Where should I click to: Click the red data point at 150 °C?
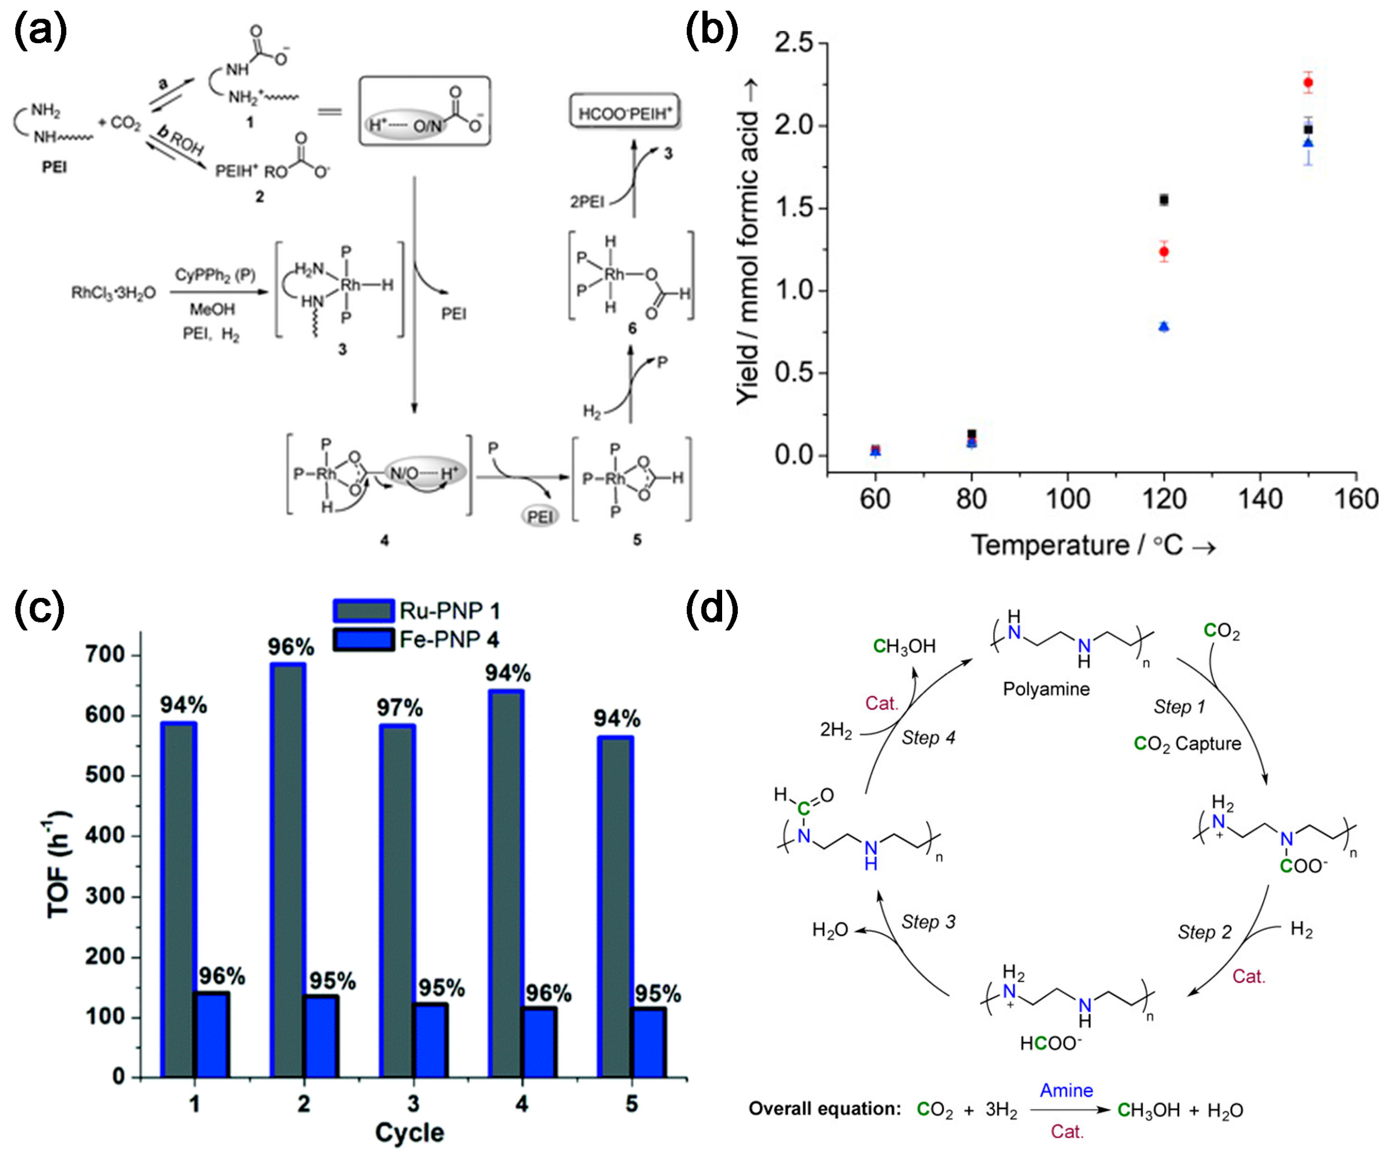point(1307,83)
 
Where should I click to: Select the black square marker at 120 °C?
point(1164,200)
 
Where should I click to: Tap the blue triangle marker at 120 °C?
point(1164,326)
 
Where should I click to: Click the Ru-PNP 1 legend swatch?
point(363,610)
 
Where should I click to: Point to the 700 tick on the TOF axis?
point(105,655)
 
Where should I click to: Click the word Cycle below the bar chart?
point(409,1133)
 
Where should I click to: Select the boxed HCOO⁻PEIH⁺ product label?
point(625,113)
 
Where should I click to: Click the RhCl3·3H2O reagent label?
point(113,293)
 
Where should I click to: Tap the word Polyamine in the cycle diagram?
point(1046,689)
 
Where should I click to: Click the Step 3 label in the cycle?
point(928,922)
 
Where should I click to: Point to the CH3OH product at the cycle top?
point(903,646)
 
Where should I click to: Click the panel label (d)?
point(711,609)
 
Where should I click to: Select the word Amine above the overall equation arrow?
point(1066,1090)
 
